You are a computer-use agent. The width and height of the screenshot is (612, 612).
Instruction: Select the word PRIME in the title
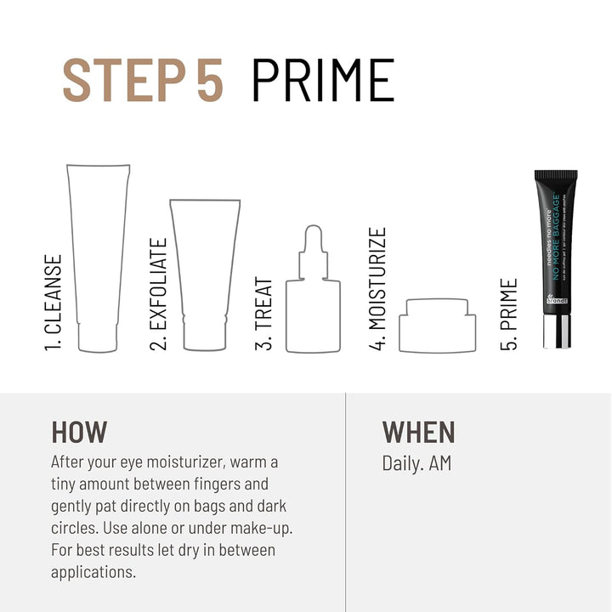323,81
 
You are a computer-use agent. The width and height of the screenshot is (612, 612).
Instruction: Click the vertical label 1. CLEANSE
54,303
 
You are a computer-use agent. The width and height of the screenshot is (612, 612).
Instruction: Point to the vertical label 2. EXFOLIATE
159,294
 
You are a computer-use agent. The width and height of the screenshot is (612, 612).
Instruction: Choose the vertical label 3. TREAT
264,314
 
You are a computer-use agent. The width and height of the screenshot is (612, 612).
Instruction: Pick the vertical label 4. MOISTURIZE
378,289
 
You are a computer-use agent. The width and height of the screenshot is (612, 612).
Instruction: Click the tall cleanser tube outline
98,255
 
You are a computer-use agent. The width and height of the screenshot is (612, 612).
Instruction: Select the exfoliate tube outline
205,272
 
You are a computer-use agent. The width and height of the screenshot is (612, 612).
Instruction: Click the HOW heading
79,432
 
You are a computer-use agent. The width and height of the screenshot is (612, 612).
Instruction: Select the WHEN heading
418,432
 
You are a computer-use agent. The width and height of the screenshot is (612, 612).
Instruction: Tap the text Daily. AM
416,463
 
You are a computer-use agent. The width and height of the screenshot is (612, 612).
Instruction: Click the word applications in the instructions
93,571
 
